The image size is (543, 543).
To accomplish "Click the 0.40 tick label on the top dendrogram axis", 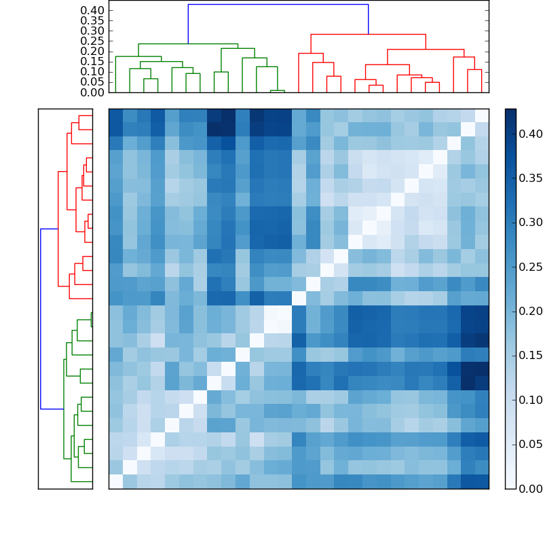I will tap(92, 10).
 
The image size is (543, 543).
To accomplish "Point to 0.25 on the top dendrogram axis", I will tap(92, 41).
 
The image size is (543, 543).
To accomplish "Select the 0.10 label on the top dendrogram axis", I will tap(92, 71).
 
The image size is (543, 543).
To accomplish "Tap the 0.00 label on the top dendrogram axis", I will tap(92, 92).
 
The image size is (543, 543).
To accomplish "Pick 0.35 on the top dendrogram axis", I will tap(92, 20).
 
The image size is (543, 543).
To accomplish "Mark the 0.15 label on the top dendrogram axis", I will tap(92, 61).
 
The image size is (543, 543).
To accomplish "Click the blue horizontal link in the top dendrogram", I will tap(278, 5).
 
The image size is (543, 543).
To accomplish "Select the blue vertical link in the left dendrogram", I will tap(41, 319).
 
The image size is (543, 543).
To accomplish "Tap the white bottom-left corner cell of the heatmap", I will tap(115, 481).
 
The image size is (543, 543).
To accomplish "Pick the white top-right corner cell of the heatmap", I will tap(481, 115).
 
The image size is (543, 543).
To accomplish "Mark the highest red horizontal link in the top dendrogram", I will tap(368, 34).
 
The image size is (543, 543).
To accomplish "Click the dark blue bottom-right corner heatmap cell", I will tap(481, 481).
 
